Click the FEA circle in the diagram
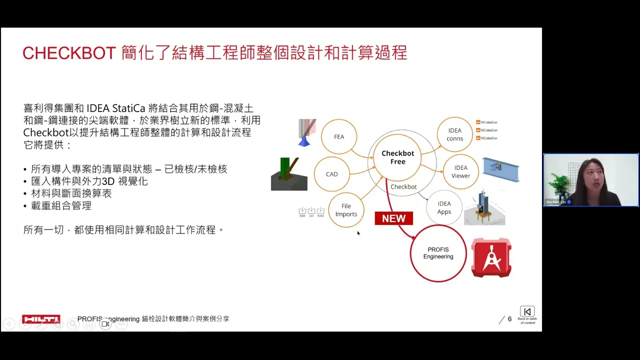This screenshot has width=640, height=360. point(339,136)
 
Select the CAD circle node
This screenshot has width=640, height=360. point(331,174)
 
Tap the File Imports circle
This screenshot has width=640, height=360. point(346,210)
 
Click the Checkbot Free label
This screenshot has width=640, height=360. point(397,157)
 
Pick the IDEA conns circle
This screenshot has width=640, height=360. point(454,134)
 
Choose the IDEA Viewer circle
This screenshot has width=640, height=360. point(460,171)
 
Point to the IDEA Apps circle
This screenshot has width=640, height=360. point(444,207)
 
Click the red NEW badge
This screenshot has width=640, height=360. point(393,218)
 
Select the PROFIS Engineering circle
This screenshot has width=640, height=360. point(438,253)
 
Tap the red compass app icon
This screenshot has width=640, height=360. point(491,257)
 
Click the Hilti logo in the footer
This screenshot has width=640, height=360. point(41,319)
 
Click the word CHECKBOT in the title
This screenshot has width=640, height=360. point(69,53)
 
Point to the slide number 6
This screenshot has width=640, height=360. point(509,319)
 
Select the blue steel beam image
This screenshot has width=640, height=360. point(500,170)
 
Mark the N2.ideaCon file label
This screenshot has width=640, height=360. point(489,130)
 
